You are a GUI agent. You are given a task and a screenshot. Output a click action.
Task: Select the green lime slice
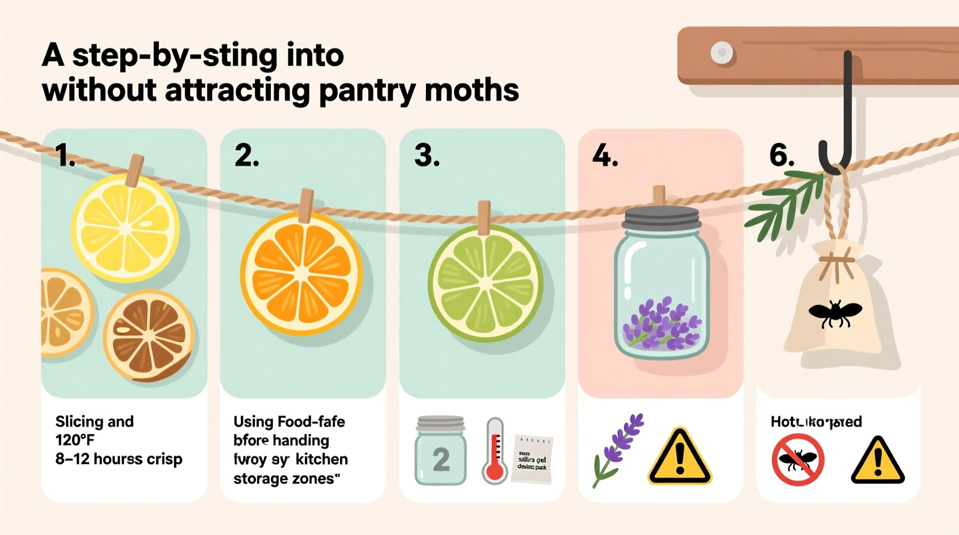(x=485, y=283)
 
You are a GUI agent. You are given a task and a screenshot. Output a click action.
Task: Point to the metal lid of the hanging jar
(x=661, y=217)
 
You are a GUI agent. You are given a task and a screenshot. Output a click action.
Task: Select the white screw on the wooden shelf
(x=722, y=53)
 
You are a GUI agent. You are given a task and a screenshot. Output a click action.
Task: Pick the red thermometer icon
(x=494, y=451)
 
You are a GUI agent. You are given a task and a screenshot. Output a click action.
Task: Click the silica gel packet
(x=532, y=459)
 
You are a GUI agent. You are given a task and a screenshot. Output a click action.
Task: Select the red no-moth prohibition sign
(x=798, y=460)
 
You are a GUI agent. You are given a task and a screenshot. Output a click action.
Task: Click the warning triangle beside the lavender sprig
(x=679, y=457)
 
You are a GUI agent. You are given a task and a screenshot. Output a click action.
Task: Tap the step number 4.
(x=605, y=156)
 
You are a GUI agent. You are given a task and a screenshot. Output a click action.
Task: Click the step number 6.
(x=782, y=156)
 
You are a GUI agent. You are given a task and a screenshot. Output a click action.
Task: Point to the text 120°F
(x=75, y=440)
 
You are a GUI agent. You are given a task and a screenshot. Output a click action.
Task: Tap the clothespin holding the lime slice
(x=484, y=217)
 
